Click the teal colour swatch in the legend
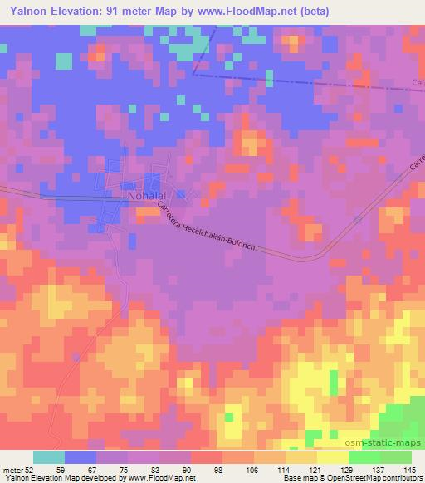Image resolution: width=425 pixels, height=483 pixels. [49, 457]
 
